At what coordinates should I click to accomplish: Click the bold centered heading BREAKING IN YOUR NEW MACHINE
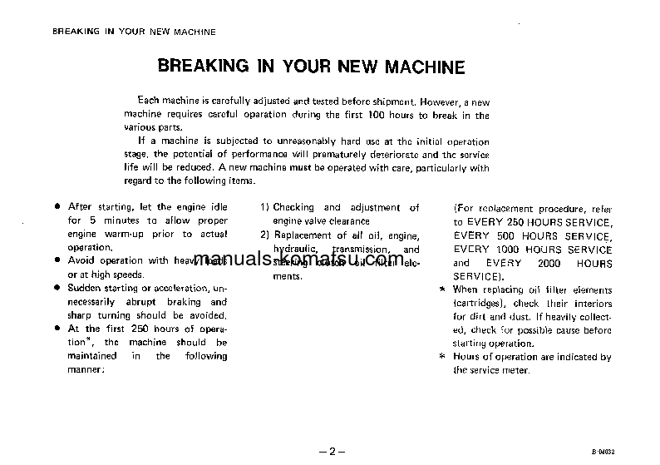[311, 67]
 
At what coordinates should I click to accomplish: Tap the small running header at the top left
[134, 32]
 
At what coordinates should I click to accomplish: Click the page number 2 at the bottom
[330, 452]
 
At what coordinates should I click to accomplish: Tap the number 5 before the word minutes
[95, 220]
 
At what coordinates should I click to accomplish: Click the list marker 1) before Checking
[264, 207]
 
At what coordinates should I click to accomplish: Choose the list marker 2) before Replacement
[264, 235]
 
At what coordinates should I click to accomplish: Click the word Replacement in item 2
[304, 235]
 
